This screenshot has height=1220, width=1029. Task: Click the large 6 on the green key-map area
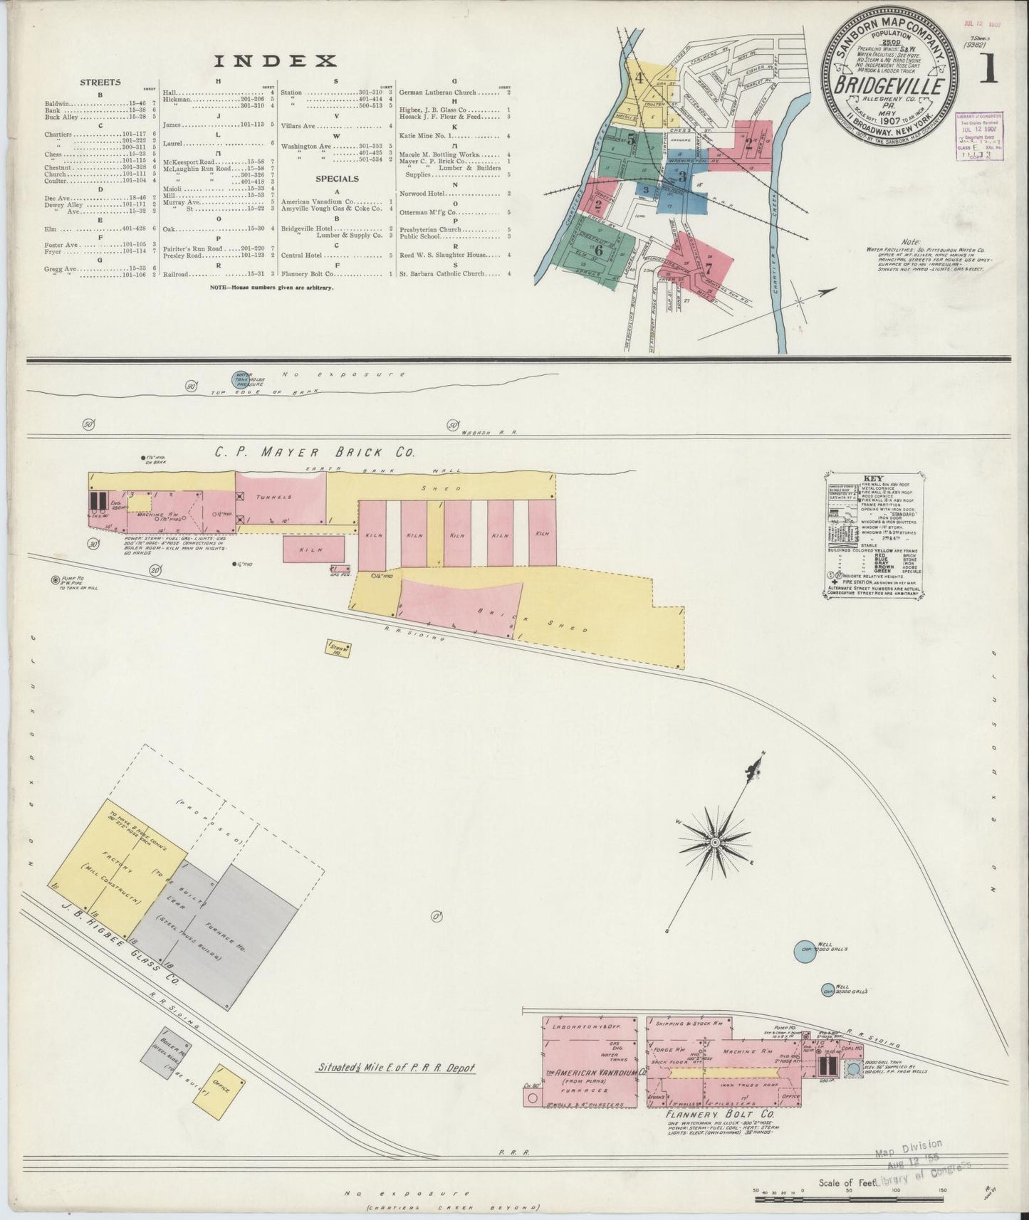coord(597,250)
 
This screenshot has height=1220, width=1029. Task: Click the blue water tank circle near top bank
coord(240,379)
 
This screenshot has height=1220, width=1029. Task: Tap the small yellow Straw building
coord(338,647)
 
